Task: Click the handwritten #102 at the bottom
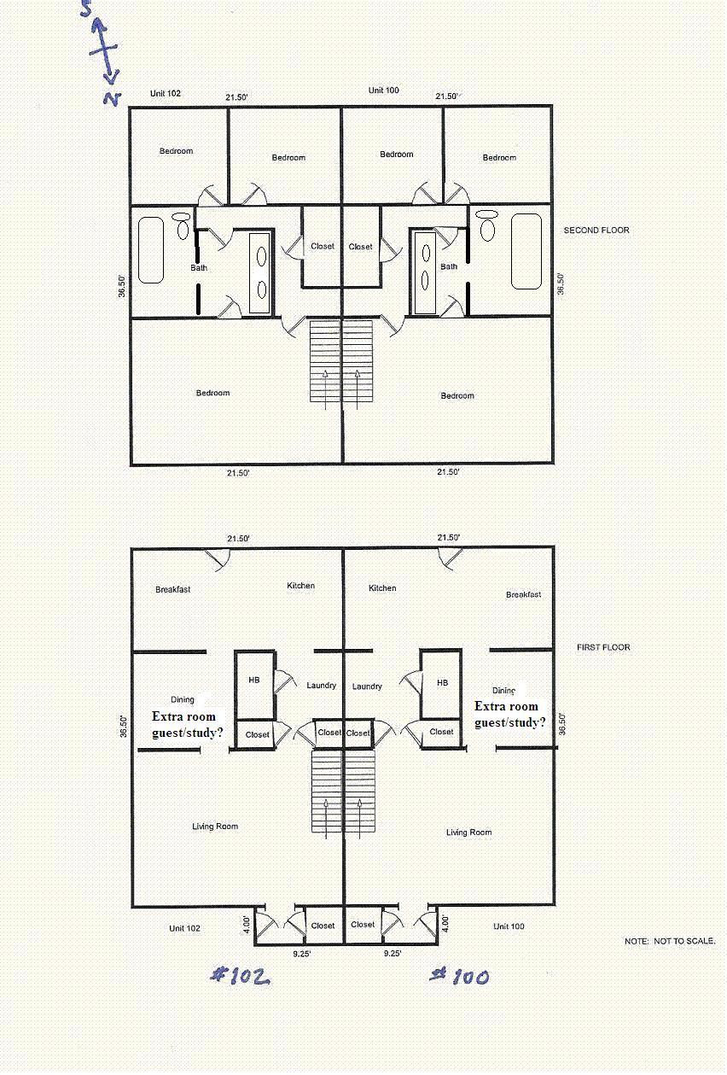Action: coord(241,977)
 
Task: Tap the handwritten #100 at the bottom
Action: coord(459,977)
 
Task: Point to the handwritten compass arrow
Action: coord(104,53)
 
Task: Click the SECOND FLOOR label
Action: coord(596,231)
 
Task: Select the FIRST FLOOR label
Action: coord(603,647)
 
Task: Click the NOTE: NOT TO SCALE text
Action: coord(670,941)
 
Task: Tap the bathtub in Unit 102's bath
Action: coord(151,250)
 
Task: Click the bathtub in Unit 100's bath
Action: coord(526,252)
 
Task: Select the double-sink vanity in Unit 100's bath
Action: coord(425,272)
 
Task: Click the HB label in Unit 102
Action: coord(253,680)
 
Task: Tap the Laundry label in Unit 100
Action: coord(367,686)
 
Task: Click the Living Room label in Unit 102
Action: coord(215,826)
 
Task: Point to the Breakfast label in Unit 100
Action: coord(523,594)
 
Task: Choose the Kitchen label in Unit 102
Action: coord(300,586)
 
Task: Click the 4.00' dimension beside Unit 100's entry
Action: coord(445,923)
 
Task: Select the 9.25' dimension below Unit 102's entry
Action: coord(302,954)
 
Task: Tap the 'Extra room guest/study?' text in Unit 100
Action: coord(509,714)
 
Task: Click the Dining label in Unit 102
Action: coord(183,699)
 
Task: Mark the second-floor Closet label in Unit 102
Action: coord(323,246)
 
